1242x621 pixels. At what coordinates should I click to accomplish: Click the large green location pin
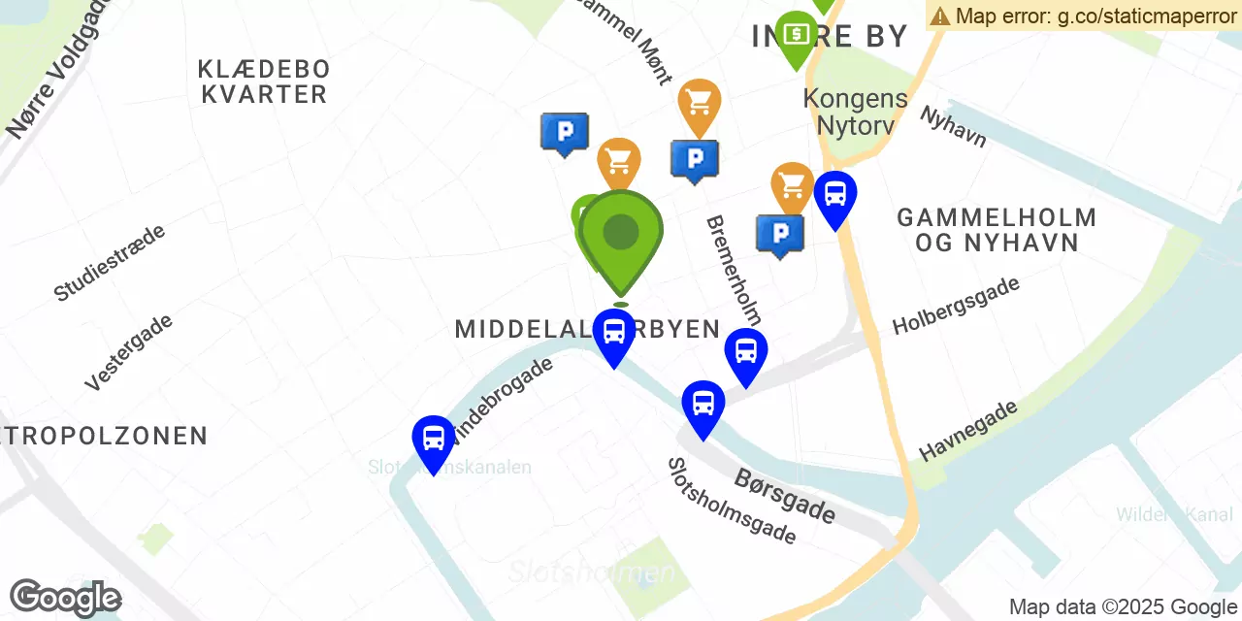[621, 233]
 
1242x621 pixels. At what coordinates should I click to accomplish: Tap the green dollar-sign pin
[796, 35]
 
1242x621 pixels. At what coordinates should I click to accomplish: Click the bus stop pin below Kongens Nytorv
[834, 195]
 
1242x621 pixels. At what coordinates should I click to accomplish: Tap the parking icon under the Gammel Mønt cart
[695, 159]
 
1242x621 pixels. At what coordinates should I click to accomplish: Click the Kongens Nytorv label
[856, 112]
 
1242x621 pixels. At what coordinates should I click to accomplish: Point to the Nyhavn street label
[953, 127]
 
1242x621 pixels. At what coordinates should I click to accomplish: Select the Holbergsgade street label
[956, 305]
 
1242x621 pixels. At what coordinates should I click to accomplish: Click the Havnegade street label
[968, 430]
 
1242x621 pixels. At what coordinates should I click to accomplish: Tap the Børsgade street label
[785, 495]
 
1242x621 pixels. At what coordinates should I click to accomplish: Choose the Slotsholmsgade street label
[732, 501]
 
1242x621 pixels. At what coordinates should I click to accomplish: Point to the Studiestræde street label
[110, 262]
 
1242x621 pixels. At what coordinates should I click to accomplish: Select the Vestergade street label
[128, 351]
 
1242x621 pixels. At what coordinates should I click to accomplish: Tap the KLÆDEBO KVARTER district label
[264, 82]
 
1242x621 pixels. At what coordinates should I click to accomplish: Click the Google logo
[65, 598]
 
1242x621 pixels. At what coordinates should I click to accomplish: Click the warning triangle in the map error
[939, 16]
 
